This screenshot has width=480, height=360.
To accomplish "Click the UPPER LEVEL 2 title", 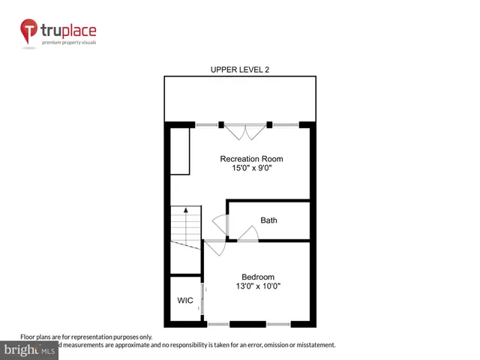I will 239,70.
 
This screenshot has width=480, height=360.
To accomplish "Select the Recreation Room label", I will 251,159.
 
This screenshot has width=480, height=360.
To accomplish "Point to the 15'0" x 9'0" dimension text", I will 251,169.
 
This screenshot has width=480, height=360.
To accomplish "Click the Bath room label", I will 268,220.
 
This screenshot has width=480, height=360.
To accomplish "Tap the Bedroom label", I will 257,276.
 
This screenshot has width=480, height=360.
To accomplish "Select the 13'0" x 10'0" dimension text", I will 257,286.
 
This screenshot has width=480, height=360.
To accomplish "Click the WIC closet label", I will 184,300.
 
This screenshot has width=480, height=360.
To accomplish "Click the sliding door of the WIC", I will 202,298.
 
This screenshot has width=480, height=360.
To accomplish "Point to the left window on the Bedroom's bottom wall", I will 218,324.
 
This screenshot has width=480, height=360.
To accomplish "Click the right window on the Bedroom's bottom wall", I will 277,324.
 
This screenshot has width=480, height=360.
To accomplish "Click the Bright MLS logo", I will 30,350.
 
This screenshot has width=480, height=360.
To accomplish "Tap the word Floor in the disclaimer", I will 28,337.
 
